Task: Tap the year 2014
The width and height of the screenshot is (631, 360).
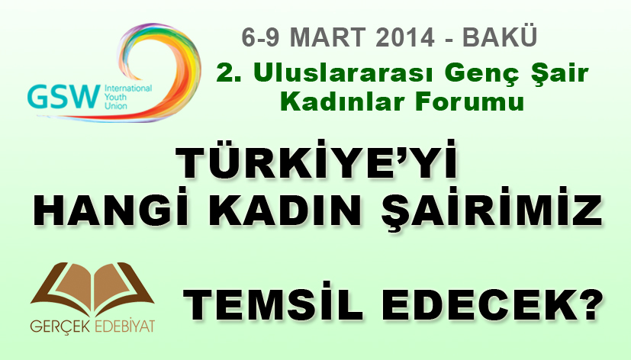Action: tap(405, 37)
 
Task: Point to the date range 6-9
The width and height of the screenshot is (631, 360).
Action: tap(260, 37)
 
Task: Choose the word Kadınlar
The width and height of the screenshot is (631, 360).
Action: tap(343, 101)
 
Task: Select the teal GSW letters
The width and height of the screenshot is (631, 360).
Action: tap(63, 97)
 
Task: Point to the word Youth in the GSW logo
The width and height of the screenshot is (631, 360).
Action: tap(115, 97)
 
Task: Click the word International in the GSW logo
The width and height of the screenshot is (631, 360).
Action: tap(128, 88)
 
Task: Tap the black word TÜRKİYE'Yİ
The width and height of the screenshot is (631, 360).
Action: tap(317, 161)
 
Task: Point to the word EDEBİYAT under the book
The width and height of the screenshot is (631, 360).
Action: tap(124, 326)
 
